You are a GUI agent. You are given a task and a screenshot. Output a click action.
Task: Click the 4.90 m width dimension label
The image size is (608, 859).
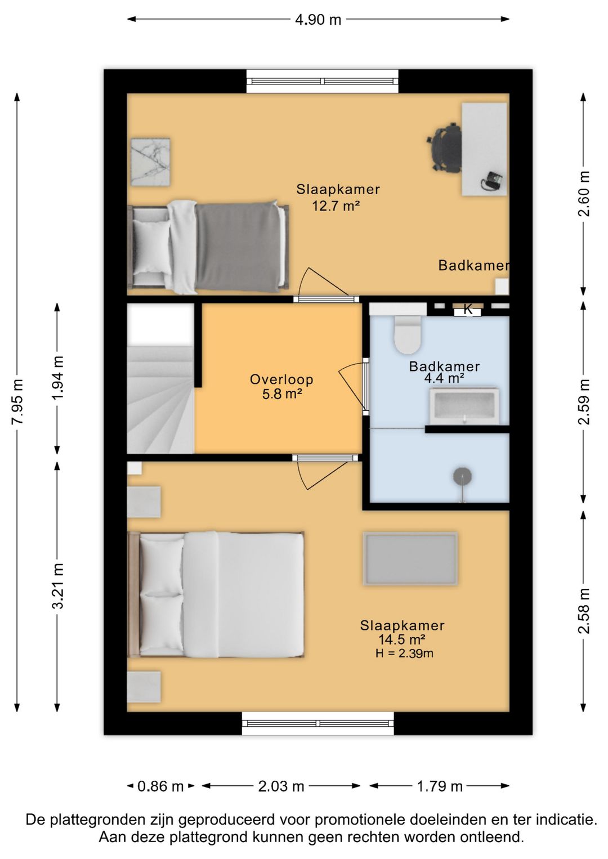pos(318,19)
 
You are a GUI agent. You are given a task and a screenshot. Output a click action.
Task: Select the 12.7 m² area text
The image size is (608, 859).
pos(336,207)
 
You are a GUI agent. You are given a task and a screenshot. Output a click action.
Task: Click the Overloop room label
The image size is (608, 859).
pos(281,379)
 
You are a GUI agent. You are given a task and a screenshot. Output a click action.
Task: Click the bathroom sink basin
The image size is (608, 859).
pos(464,406)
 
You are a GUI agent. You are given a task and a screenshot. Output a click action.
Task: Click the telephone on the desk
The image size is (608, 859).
pos(492,181)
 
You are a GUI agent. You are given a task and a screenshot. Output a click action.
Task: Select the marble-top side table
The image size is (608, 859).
pos(150,162)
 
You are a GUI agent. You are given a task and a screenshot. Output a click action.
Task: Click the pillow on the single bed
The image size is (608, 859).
pos(151,247)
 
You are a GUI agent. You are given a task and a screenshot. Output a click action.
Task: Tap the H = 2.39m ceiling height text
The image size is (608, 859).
pos(404,653)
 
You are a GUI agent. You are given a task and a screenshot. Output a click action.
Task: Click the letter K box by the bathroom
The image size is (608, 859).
pos(468,310)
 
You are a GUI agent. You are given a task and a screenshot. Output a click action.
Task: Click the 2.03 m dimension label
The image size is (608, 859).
pos(281,787)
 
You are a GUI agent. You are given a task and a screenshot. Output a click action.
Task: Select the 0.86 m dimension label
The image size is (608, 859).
pos(160,787)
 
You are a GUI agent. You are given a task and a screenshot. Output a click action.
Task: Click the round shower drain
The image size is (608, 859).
pos(462,476)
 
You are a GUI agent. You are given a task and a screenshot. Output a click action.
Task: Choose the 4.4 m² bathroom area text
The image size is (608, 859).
pos(444,378)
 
